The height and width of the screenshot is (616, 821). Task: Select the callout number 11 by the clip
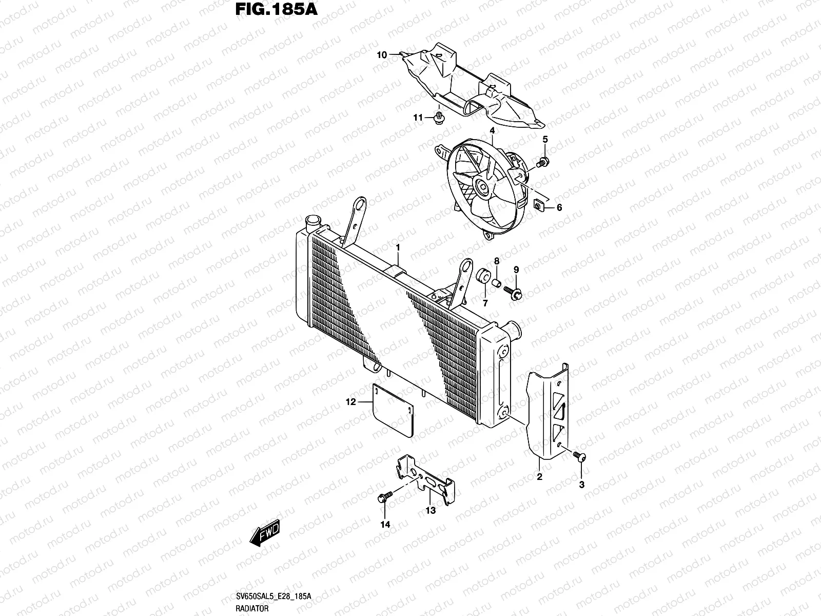point(418,118)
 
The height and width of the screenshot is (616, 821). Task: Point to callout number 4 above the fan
point(492,131)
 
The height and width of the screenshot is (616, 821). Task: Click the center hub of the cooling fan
point(483,187)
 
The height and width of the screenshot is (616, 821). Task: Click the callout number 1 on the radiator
point(398,247)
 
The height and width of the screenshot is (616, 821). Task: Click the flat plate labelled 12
point(393,411)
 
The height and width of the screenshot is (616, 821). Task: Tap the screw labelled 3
point(579,456)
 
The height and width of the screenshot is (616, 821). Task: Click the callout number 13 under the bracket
point(430,510)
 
